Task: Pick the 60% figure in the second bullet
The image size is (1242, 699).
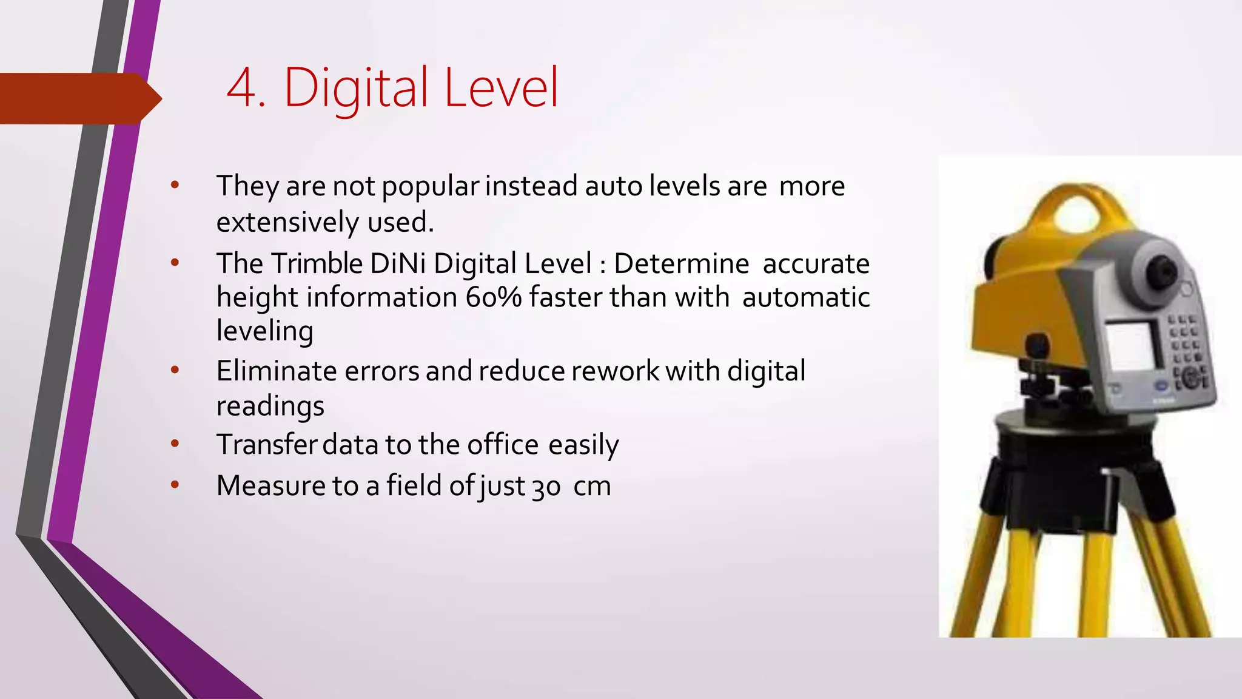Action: pos(494,297)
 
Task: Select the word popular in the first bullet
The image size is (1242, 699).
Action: pos(430,186)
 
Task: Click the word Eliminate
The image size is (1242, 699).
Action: pos(277,371)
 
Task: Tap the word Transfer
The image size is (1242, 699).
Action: pos(267,444)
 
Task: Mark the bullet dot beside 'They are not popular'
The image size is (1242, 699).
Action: pos(175,185)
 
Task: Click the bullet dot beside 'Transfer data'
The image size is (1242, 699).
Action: pos(175,444)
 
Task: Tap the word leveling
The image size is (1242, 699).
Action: pos(265,331)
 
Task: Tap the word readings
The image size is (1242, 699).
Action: pos(270,406)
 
